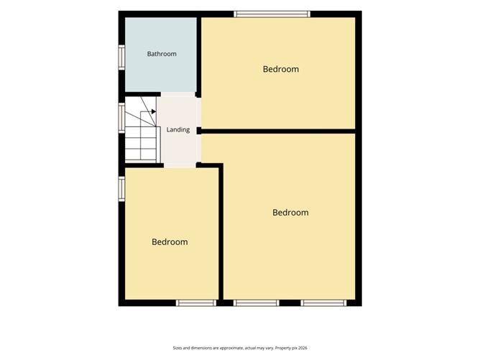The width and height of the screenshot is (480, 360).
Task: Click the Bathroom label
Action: (x=162, y=54)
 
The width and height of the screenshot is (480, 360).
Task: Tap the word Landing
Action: (x=178, y=130)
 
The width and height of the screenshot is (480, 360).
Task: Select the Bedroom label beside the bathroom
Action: (x=281, y=69)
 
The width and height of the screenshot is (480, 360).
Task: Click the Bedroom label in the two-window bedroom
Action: (x=290, y=213)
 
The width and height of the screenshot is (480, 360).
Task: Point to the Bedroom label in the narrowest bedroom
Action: (x=170, y=242)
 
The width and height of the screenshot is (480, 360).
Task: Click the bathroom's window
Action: (x=122, y=57)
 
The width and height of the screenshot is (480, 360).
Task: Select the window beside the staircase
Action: (x=122, y=118)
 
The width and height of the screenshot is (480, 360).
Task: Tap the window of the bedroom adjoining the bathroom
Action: (x=272, y=14)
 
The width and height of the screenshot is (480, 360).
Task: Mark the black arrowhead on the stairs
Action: (x=154, y=111)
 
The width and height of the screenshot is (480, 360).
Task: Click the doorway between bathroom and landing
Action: (x=178, y=94)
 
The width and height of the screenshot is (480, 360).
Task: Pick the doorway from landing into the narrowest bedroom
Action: (x=180, y=165)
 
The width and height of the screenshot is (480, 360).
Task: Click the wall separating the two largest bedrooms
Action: (x=278, y=131)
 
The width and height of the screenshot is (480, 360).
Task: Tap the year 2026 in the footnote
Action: (x=303, y=348)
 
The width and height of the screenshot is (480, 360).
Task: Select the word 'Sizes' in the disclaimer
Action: (x=177, y=348)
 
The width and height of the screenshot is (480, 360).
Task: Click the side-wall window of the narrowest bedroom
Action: (x=122, y=189)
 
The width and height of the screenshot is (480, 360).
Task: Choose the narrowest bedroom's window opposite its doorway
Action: (x=196, y=303)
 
